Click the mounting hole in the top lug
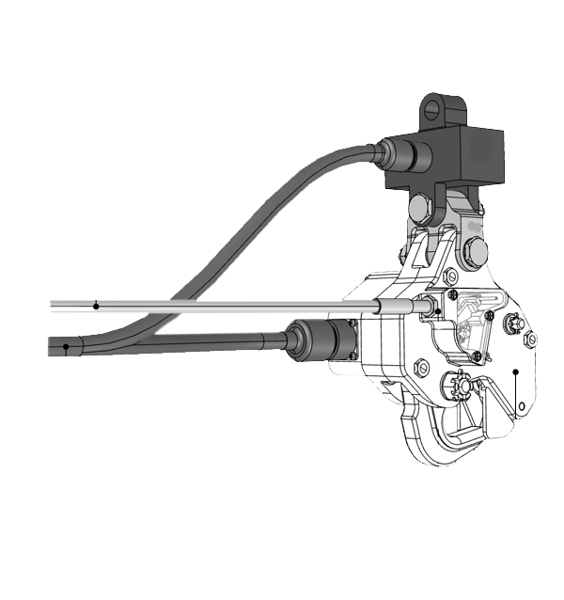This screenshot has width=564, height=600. [x=433, y=109]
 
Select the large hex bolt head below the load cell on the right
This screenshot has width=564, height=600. [x=475, y=251]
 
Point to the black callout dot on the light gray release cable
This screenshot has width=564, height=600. [x=96, y=306]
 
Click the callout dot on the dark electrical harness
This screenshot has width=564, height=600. [x=66, y=346]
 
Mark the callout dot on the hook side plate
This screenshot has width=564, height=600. [x=516, y=372]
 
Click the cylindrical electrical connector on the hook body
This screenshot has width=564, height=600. [x=320, y=339]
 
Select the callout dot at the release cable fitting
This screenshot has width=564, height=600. [x=438, y=310]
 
